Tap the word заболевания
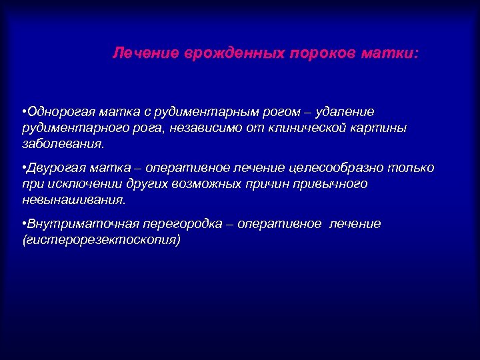[x=63, y=143]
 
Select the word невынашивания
[x=73, y=199]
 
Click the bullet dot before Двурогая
[x=23, y=168]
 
